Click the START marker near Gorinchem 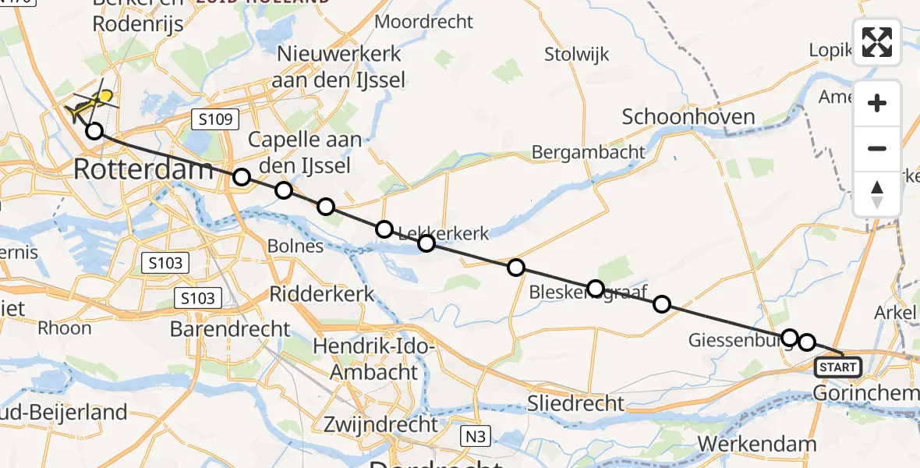pos(838,366)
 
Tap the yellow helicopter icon pos(92,103)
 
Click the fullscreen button pos(877,42)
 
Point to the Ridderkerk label pos(322,294)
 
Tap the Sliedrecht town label pos(575,402)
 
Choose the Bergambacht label pos(588,152)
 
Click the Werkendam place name pos(757,444)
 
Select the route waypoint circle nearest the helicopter pos(94,131)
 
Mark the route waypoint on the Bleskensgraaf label pos(596,289)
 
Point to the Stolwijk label pos(577,55)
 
